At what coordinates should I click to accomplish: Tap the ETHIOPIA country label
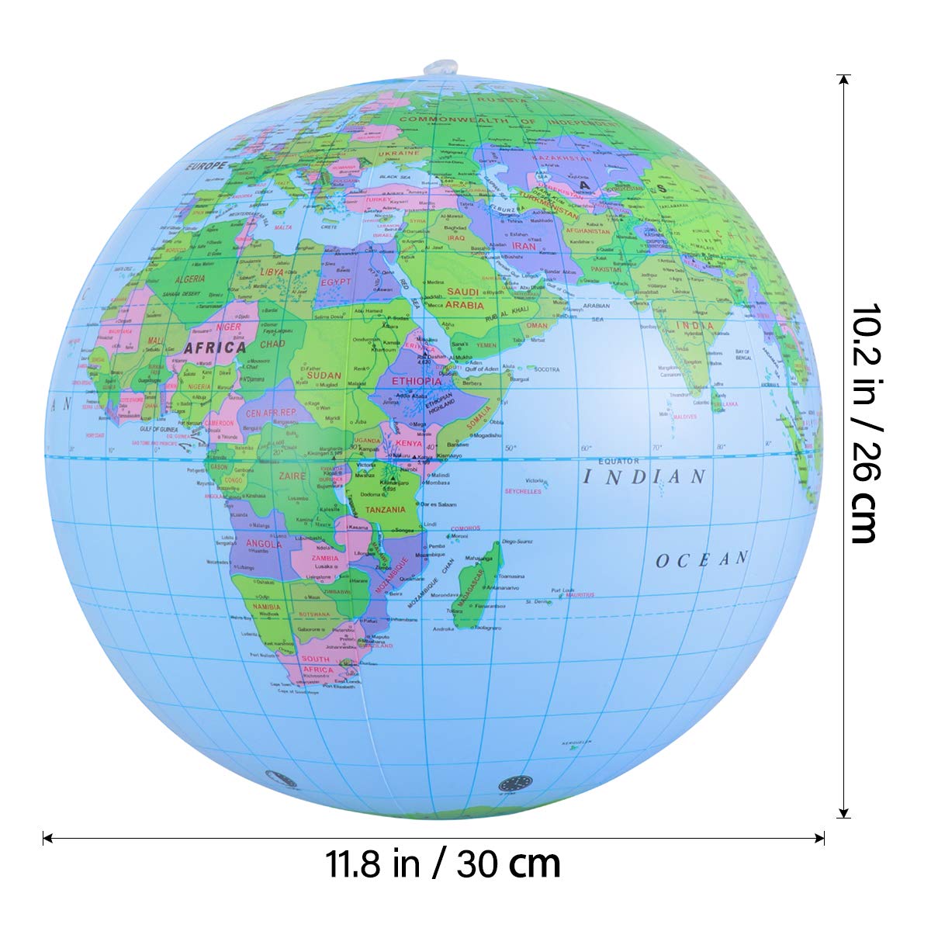[x=416, y=381]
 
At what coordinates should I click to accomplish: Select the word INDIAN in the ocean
[x=644, y=476]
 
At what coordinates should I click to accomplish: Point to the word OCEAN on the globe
[x=702, y=559]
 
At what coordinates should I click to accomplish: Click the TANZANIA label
[x=386, y=510]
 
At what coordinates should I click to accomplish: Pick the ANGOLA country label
[x=264, y=544]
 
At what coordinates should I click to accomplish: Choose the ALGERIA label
[x=189, y=278]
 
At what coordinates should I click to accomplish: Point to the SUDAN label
[x=324, y=375]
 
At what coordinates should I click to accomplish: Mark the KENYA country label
[x=408, y=443]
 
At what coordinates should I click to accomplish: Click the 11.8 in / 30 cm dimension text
[x=443, y=863]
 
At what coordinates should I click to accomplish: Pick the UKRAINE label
[x=398, y=153]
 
